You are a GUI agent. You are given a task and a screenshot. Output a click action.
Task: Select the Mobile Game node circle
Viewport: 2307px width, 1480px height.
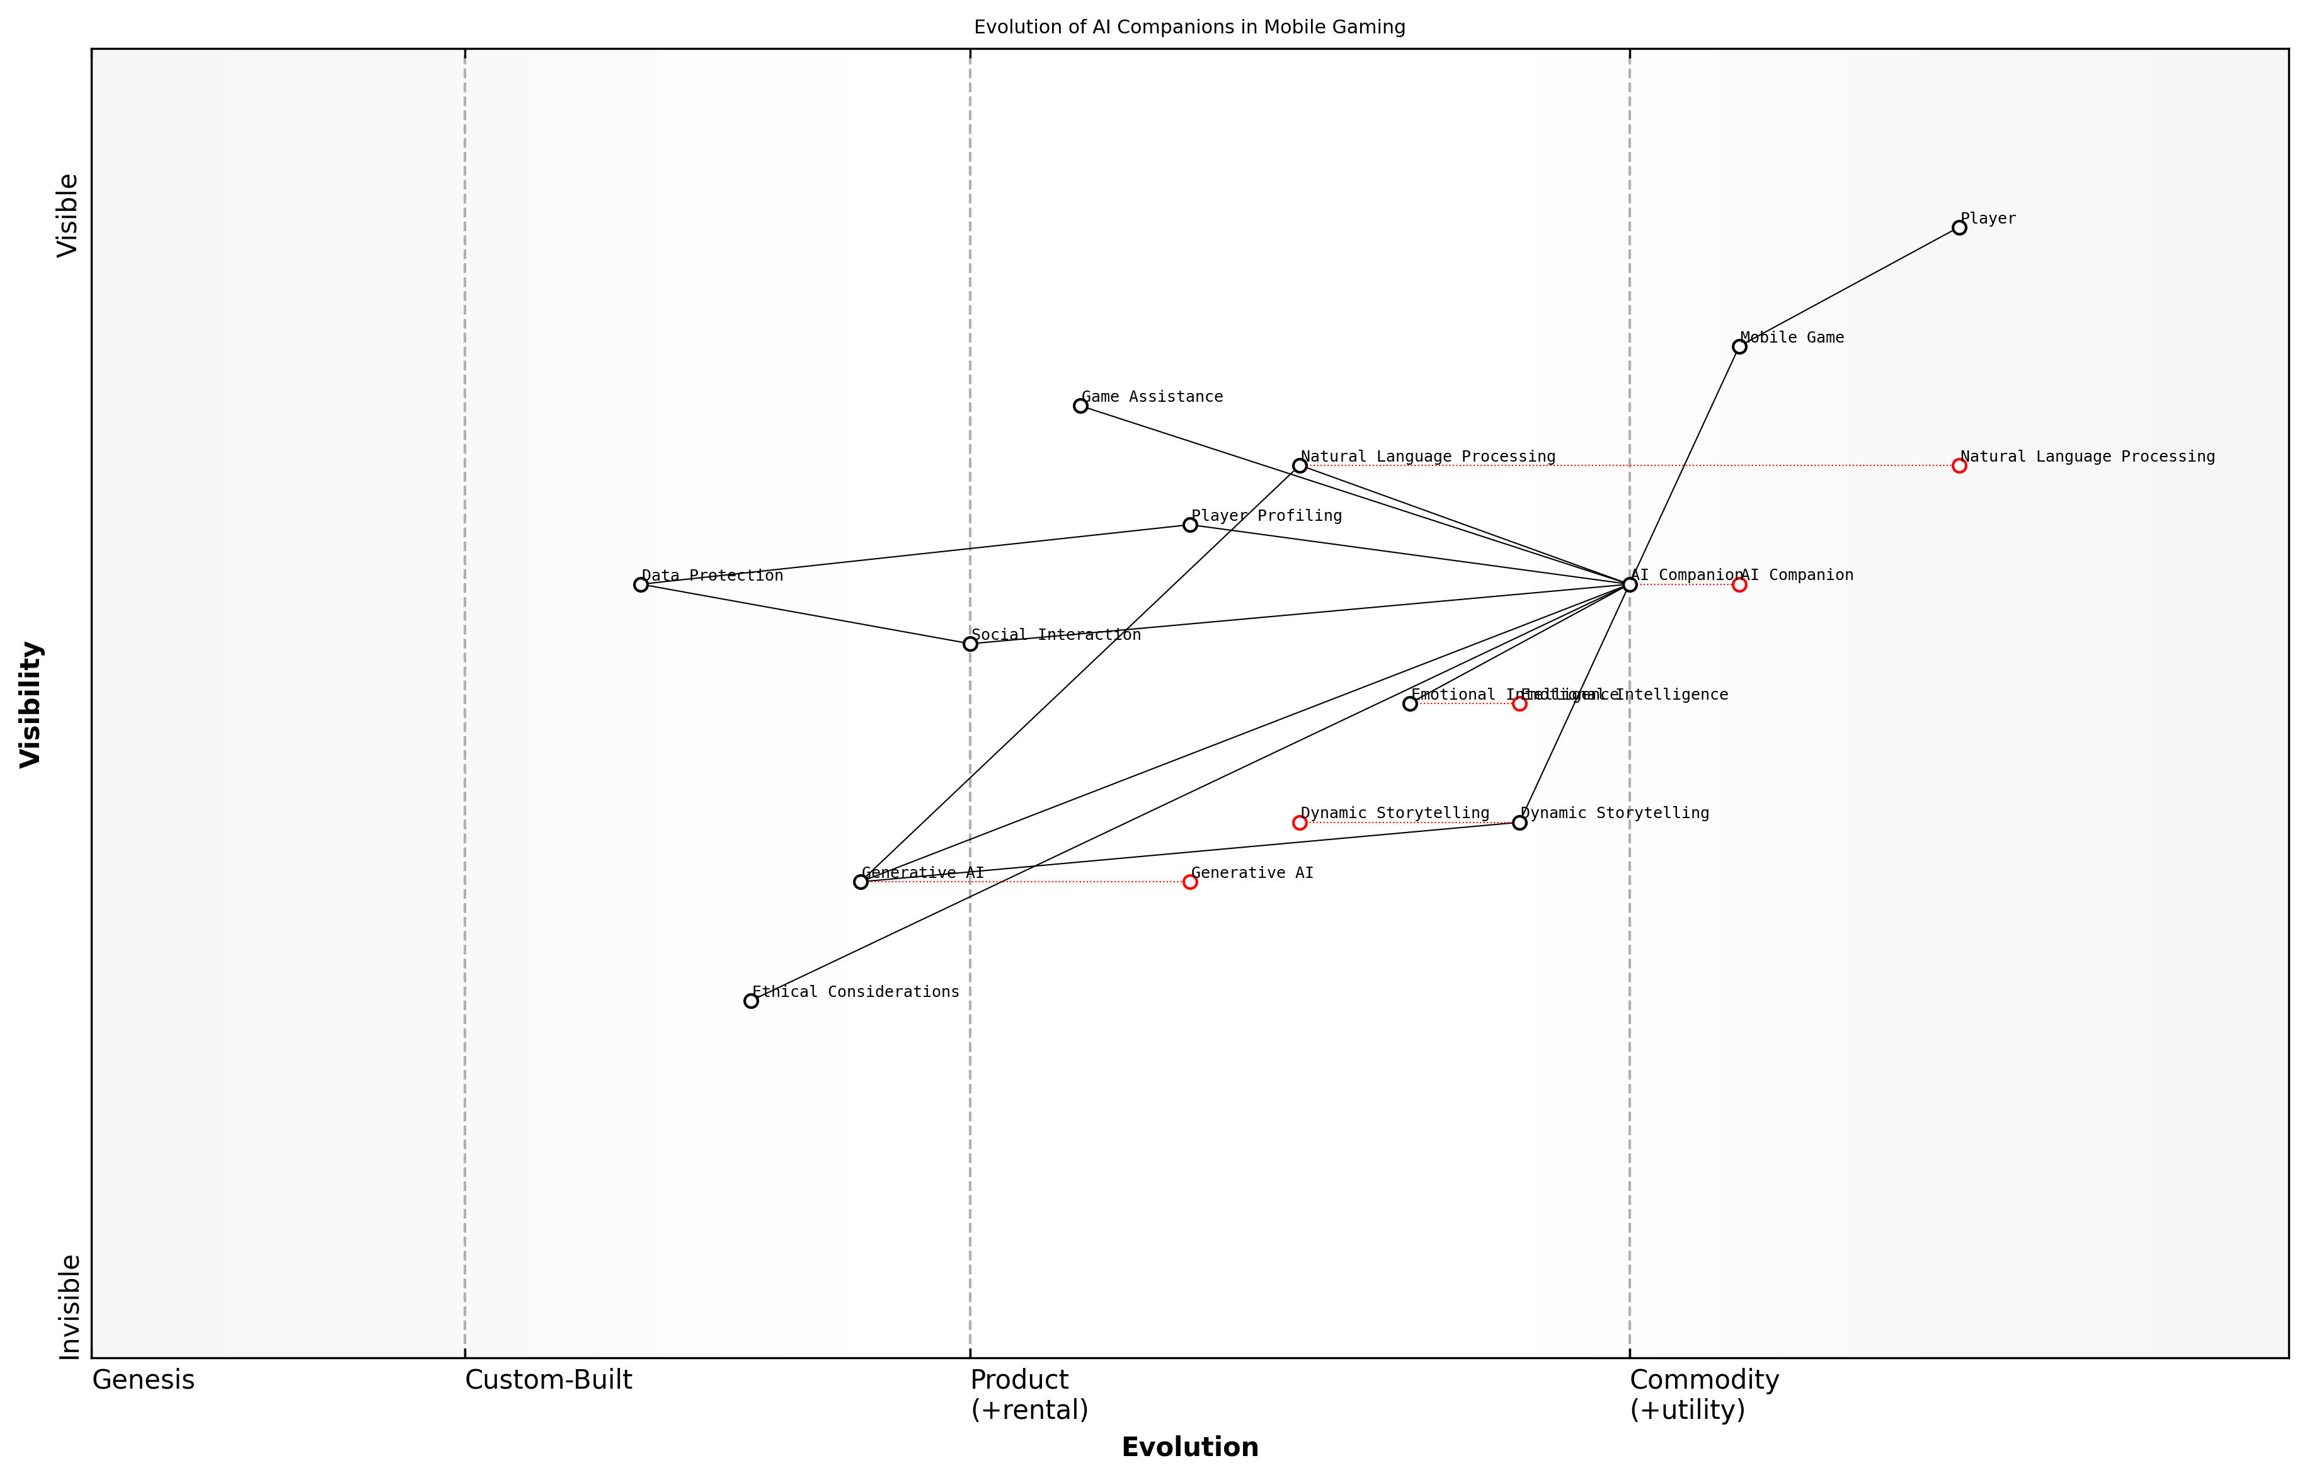click(x=1739, y=347)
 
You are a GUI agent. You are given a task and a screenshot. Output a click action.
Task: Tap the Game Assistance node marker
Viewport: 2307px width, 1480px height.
click(x=1080, y=406)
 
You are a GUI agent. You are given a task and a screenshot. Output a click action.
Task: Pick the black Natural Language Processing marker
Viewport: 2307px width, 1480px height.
click(x=1300, y=466)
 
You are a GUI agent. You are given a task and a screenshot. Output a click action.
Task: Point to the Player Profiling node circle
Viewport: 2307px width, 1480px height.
click(x=1190, y=525)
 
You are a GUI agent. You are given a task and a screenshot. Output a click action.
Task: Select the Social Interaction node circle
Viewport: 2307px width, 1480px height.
click(x=970, y=644)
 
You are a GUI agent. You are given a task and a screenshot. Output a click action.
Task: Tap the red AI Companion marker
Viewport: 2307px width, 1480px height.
click(x=1739, y=584)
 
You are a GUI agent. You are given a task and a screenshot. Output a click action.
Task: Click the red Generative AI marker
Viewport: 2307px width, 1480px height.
click(x=1190, y=882)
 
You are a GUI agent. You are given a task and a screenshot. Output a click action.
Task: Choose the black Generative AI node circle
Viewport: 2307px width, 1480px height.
click(x=861, y=882)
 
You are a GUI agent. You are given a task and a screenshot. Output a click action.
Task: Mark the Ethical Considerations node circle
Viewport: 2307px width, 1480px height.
click(x=751, y=1001)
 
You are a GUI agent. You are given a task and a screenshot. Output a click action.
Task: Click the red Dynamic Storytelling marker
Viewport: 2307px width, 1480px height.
click(x=1300, y=823)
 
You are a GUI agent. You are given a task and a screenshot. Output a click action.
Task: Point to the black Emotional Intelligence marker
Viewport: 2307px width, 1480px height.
click(x=1410, y=703)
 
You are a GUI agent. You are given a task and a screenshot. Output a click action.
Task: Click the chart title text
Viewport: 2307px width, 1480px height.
click(x=1189, y=27)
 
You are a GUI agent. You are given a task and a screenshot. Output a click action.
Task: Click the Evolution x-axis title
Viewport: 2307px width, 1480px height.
click(x=1189, y=1447)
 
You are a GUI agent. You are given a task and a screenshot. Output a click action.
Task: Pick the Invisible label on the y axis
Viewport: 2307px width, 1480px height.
click(x=68, y=1306)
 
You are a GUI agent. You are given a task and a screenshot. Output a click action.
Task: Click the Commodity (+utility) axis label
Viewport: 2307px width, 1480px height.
click(x=1703, y=1394)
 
